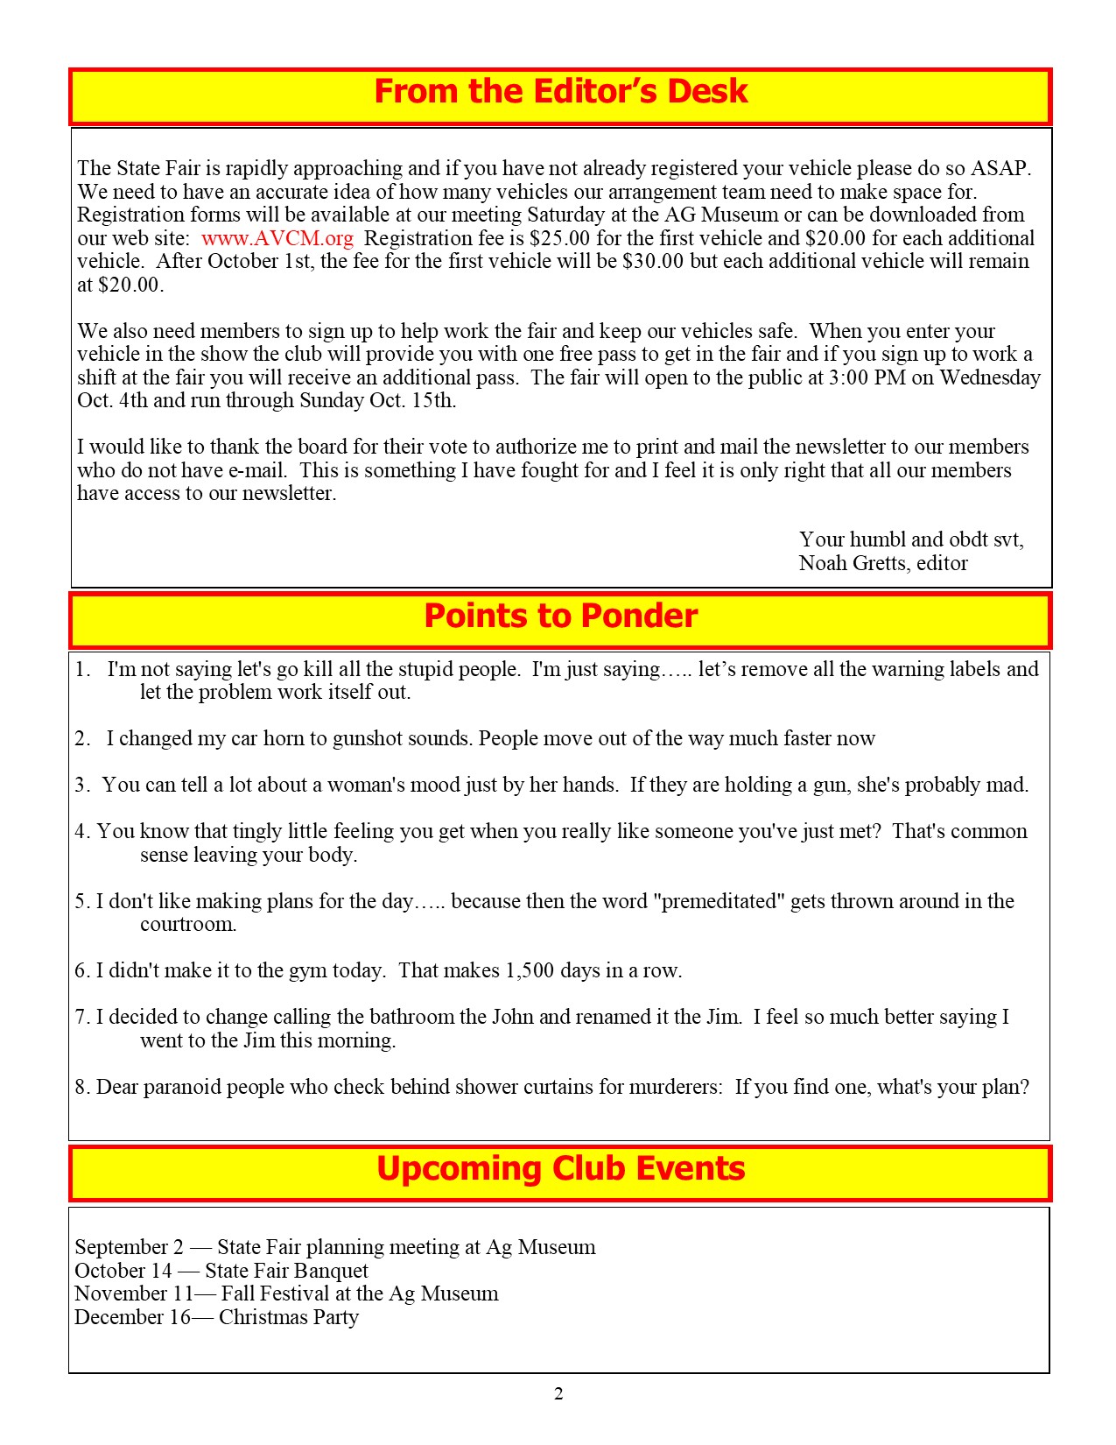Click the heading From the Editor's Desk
(x=560, y=92)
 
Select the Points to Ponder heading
(x=560, y=617)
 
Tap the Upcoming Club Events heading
(x=560, y=1169)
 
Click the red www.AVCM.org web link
(x=277, y=238)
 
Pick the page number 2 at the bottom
(x=558, y=1394)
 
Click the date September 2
(x=130, y=1247)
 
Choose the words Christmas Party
(x=289, y=1317)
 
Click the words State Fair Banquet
(x=286, y=1271)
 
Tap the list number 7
(x=81, y=1017)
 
